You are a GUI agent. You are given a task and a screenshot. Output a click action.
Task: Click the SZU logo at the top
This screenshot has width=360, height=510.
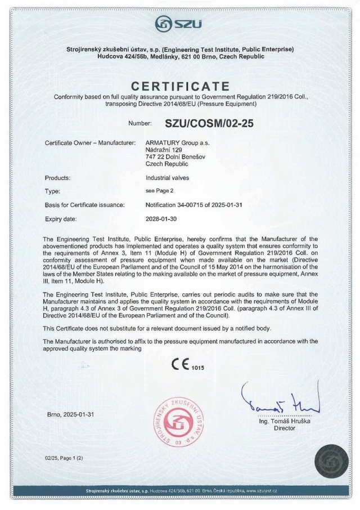pos(180,24)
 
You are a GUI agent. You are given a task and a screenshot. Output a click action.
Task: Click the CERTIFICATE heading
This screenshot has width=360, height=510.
pos(180,86)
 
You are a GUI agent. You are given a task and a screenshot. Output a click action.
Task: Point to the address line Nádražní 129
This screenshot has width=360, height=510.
pos(164,150)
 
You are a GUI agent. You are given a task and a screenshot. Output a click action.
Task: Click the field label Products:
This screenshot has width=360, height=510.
pos(57,178)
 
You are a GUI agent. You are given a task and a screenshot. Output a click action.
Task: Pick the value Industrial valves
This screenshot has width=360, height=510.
pos(168,178)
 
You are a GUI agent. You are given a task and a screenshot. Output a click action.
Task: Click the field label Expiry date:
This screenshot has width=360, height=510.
pos(61,218)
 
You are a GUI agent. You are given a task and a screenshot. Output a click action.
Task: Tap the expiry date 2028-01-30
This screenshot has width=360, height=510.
pos(164,218)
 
